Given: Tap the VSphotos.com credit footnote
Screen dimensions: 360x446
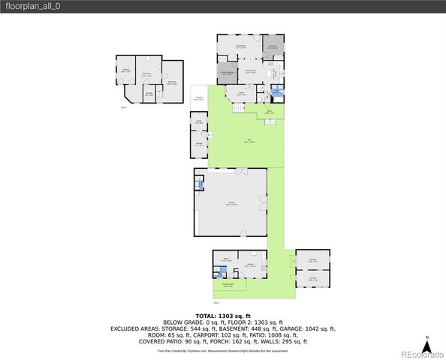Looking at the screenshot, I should [223, 350].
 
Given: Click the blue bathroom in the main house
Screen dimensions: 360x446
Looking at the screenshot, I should [277, 91].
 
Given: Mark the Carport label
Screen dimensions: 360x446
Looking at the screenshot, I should [200, 99].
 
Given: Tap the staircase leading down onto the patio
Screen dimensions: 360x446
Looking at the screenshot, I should [239, 109].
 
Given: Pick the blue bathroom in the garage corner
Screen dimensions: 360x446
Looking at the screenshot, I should [199, 182].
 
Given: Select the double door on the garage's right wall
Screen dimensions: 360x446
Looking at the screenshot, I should [263, 203].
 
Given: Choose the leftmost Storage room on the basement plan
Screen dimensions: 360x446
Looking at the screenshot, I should [125, 71].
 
